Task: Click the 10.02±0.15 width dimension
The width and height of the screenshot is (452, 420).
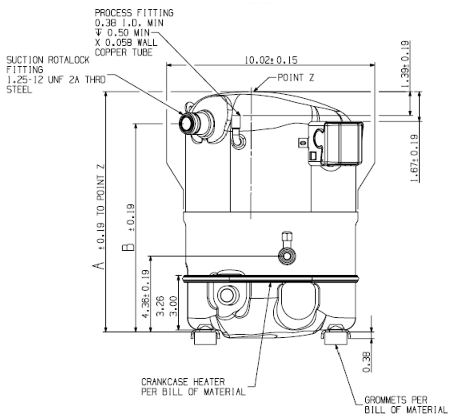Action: click(x=271, y=60)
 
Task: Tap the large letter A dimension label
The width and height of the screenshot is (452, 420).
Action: click(x=101, y=265)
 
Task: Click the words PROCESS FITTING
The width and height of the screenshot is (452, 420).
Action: click(x=134, y=13)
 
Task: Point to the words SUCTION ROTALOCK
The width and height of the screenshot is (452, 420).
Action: click(x=48, y=60)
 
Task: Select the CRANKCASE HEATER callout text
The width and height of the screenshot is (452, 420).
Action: click(x=183, y=382)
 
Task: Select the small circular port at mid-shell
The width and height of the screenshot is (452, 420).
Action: click(x=288, y=256)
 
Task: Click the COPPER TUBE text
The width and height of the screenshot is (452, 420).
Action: click(x=123, y=52)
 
